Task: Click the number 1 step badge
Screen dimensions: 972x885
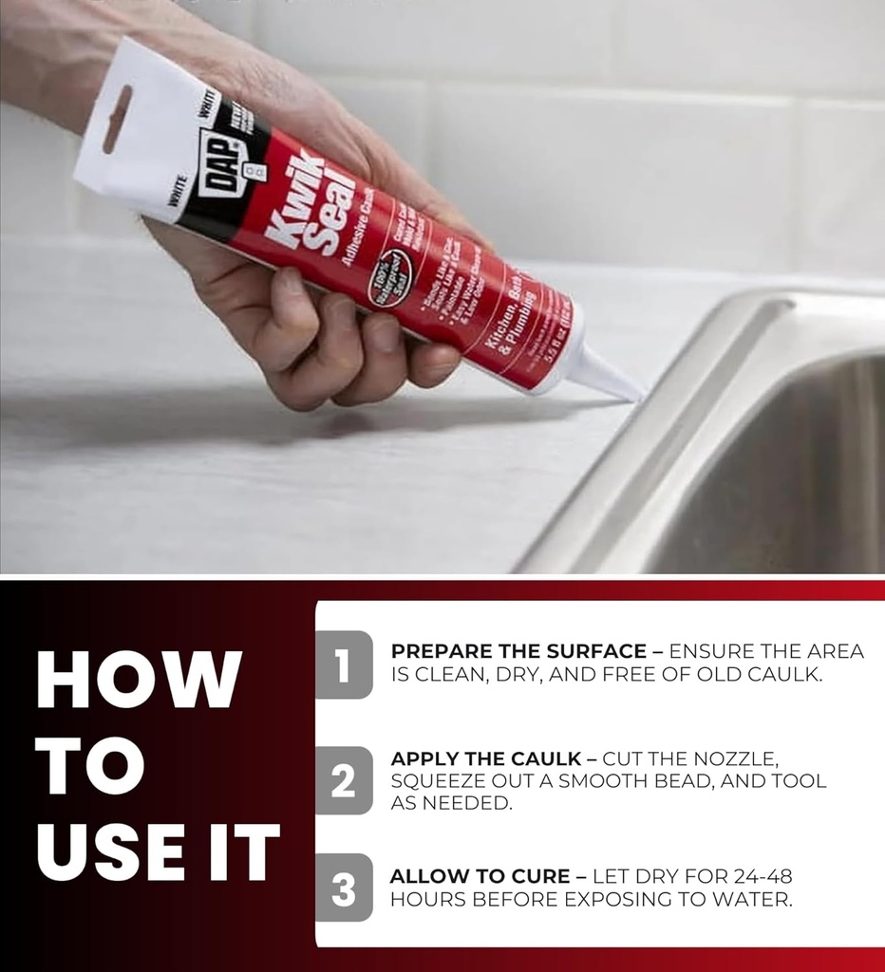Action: [x=344, y=664]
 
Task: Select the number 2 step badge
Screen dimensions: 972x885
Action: [x=344, y=780]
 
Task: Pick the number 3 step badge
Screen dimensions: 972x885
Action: [x=344, y=888]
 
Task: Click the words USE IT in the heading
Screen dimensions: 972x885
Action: [x=158, y=852]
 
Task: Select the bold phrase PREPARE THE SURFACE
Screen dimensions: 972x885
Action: [x=518, y=652]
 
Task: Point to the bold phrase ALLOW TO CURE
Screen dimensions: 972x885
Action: [x=480, y=876]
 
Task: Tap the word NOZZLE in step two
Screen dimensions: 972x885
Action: [x=738, y=759]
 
